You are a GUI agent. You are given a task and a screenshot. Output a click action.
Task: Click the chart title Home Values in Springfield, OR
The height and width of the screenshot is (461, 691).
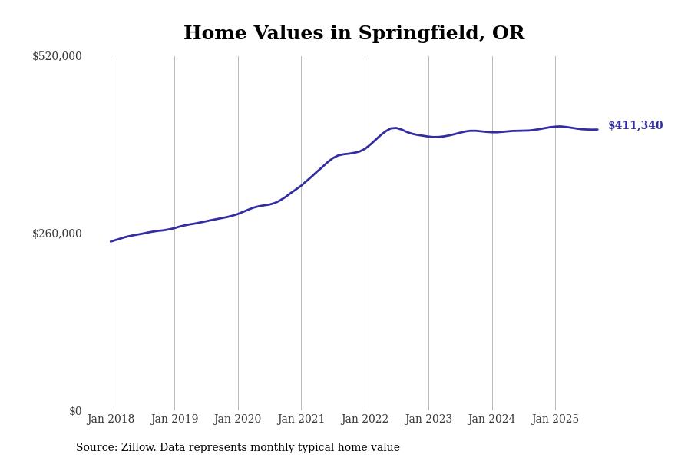[354, 34]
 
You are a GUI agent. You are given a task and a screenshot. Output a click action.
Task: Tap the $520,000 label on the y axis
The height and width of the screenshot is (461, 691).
[57, 56]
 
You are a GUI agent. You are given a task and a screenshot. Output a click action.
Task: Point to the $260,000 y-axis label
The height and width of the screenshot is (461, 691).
[57, 234]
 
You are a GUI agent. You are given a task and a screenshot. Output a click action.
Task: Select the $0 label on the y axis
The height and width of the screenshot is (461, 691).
[75, 411]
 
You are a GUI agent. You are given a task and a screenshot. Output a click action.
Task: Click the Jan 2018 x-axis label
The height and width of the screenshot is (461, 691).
[111, 420]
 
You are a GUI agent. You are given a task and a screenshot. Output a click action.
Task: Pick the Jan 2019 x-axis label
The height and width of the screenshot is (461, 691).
[174, 420]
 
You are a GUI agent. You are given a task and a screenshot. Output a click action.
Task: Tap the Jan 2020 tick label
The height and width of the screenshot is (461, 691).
[238, 420]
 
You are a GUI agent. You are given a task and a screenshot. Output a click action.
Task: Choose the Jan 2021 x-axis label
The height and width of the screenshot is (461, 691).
[301, 420]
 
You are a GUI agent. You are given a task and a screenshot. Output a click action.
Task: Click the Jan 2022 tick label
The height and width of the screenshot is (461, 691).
[365, 420]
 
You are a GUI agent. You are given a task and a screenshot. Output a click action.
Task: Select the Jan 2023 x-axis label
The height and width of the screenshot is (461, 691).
[428, 420]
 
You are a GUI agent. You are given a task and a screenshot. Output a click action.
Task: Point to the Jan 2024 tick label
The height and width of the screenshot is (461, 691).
[492, 420]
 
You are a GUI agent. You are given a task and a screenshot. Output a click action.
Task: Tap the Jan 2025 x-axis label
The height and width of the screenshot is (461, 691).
[555, 420]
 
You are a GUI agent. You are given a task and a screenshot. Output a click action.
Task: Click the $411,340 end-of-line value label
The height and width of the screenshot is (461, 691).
[635, 126]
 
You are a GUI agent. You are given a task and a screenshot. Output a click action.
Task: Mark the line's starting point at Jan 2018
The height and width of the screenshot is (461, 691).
[111, 241]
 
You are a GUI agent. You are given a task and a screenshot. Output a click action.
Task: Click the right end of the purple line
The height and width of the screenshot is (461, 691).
[597, 129]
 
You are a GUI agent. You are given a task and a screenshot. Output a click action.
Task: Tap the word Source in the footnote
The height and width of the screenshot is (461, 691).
[95, 448]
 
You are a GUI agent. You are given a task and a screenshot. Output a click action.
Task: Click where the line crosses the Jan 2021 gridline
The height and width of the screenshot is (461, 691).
[301, 185]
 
